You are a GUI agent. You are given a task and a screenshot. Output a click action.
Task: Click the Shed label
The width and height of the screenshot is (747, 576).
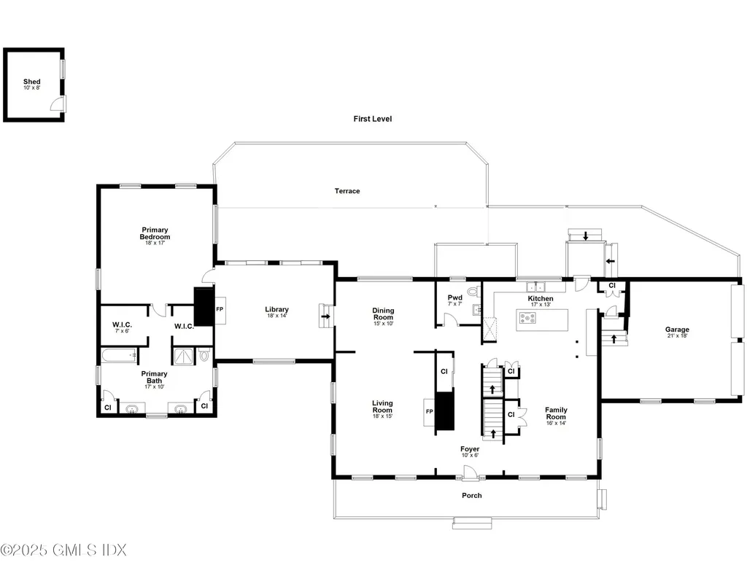coord(31,82)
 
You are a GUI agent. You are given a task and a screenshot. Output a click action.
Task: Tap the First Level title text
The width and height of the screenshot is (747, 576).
coord(373,119)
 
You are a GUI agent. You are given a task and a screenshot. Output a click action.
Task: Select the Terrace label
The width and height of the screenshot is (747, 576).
coord(347,191)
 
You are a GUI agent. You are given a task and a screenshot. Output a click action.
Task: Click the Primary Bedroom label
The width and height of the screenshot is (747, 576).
coord(155,234)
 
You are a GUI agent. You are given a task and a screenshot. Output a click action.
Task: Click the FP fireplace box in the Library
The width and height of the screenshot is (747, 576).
coord(219,309)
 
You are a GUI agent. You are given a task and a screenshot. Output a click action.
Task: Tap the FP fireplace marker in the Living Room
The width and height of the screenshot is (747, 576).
coord(428,411)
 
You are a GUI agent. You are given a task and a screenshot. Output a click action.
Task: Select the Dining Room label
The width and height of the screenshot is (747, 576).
coord(383,314)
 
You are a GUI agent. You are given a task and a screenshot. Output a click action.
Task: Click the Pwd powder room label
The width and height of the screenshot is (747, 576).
coord(454,298)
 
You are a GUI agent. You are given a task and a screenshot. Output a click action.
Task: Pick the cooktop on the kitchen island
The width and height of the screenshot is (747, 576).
coord(527,317)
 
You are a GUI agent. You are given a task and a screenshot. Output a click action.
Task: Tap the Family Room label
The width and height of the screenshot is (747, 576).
coord(556,413)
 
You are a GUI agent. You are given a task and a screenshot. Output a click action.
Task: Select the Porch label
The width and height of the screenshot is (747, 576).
coord(471,496)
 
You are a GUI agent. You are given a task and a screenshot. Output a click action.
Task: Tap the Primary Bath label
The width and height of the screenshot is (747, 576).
coord(154,378)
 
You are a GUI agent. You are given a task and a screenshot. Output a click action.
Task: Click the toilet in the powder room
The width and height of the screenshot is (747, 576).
coord(473,292)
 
